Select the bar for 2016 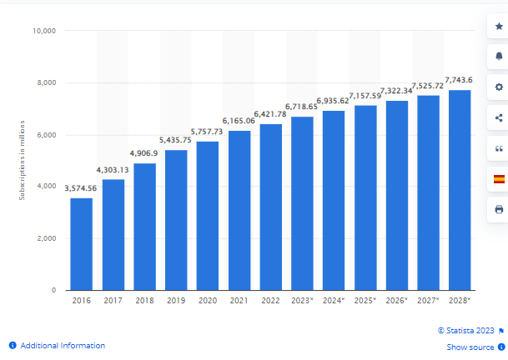click(x=81, y=243)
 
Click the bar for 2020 click(x=208, y=216)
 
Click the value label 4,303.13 click(x=113, y=170)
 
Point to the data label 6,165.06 click(x=239, y=121)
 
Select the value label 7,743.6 click(x=460, y=80)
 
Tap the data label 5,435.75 click(x=176, y=140)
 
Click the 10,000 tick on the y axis click(x=43, y=31)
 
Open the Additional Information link click(x=63, y=345)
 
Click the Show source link click(x=470, y=347)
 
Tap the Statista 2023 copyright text click(x=467, y=330)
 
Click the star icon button click(x=499, y=27)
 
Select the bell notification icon click(x=499, y=57)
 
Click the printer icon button click(x=499, y=209)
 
